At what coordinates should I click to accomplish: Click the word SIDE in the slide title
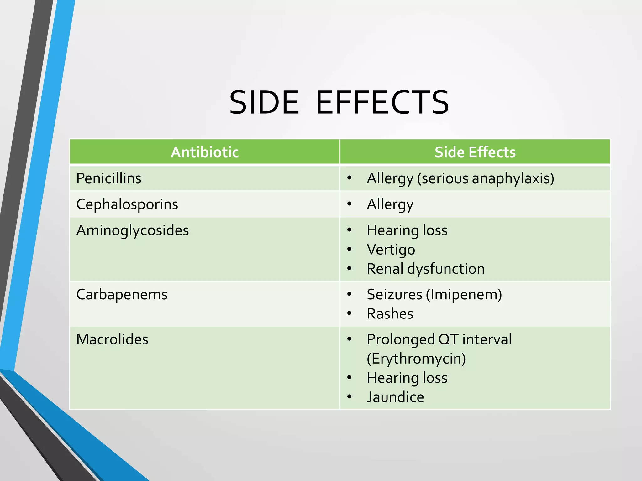pos(264,102)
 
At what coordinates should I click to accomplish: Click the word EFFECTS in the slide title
pos(382,102)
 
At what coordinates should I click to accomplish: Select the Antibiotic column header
pos(204,152)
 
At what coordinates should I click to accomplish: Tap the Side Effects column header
pos(475,152)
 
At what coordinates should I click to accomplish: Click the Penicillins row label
pos(109,178)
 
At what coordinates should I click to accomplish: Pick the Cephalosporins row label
pos(127,204)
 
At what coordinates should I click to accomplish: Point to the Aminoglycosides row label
pos(132,230)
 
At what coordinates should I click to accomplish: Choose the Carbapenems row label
pos(122,294)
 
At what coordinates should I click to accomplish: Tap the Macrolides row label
pos(112,339)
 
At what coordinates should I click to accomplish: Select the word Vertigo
pos(391,250)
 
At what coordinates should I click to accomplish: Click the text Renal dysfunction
pos(426,269)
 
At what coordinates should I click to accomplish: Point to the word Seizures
pos(394,294)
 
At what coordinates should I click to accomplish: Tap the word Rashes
pos(390,314)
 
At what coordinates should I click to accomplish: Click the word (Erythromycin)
pos(416,359)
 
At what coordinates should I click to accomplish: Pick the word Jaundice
pos(395,397)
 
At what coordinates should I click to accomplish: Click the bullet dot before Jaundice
pos(350,397)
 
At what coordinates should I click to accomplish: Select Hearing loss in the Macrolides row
pos(407,378)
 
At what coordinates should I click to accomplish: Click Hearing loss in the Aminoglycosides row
pos(407,230)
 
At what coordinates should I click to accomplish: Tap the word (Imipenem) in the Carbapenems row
pos(464,294)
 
